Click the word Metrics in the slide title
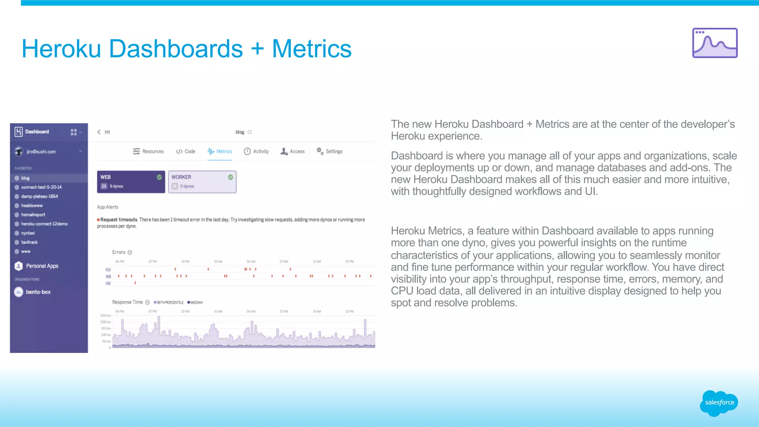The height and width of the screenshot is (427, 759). [x=311, y=49]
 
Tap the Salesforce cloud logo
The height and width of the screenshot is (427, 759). [x=719, y=403]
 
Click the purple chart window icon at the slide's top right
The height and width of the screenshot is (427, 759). [x=715, y=43]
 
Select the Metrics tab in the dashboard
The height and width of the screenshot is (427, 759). [x=220, y=151]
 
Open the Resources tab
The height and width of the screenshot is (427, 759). [x=148, y=151]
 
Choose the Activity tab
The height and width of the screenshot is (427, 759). [x=256, y=151]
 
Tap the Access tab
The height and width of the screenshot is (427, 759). [x=293, y=151]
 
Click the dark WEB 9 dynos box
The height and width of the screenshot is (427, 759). [x=131, y=181]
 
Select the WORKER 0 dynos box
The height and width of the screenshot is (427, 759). [x=202, y=181]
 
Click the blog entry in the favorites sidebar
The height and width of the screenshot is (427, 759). [x=25, y=178]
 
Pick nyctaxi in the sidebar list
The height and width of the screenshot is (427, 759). [x=28, y=233]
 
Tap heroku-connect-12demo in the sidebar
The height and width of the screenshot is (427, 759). [x=44, y=224]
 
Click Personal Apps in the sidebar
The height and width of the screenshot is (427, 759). [x=42, y=266]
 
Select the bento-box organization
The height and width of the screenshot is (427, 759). [x=38, y=292]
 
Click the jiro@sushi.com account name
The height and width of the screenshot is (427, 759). [x=41, y=152]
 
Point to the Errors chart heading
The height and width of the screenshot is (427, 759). [x=119, y=252]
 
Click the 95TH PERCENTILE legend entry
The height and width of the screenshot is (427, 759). [x=169, y=303]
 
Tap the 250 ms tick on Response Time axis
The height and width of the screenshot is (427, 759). [x=106, y=316]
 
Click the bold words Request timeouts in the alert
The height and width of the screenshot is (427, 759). [x=119, y=220]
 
